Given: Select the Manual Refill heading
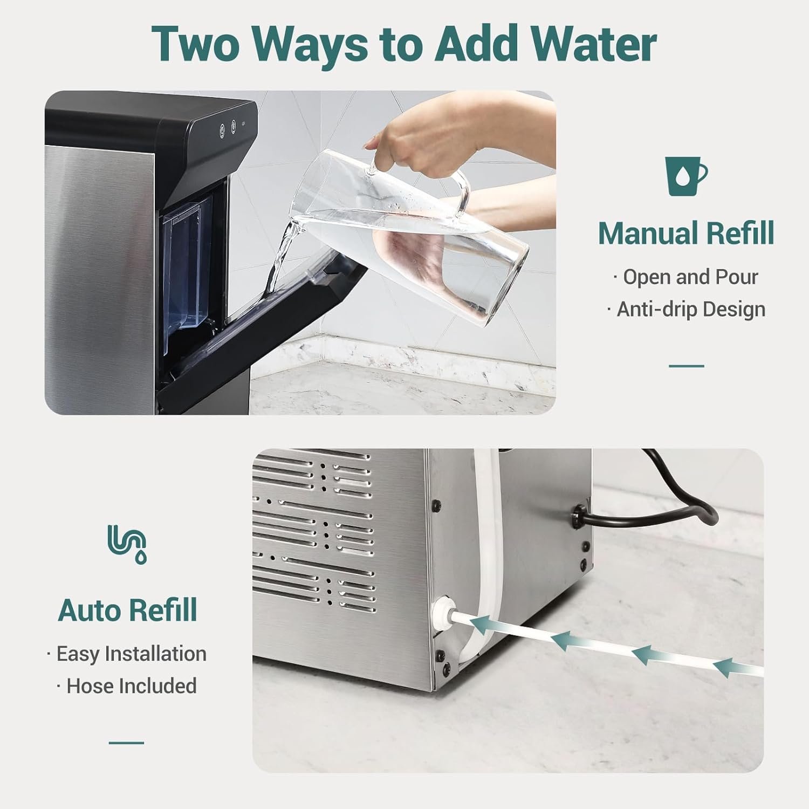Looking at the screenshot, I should click(685, 233).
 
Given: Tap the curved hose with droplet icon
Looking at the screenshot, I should click(127, 544).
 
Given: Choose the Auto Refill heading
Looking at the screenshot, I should click(127, 611).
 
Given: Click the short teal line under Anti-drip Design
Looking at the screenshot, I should click(686, 366).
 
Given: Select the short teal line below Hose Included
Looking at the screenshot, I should click(126, 743).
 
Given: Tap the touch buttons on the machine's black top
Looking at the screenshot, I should click(228, 128).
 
